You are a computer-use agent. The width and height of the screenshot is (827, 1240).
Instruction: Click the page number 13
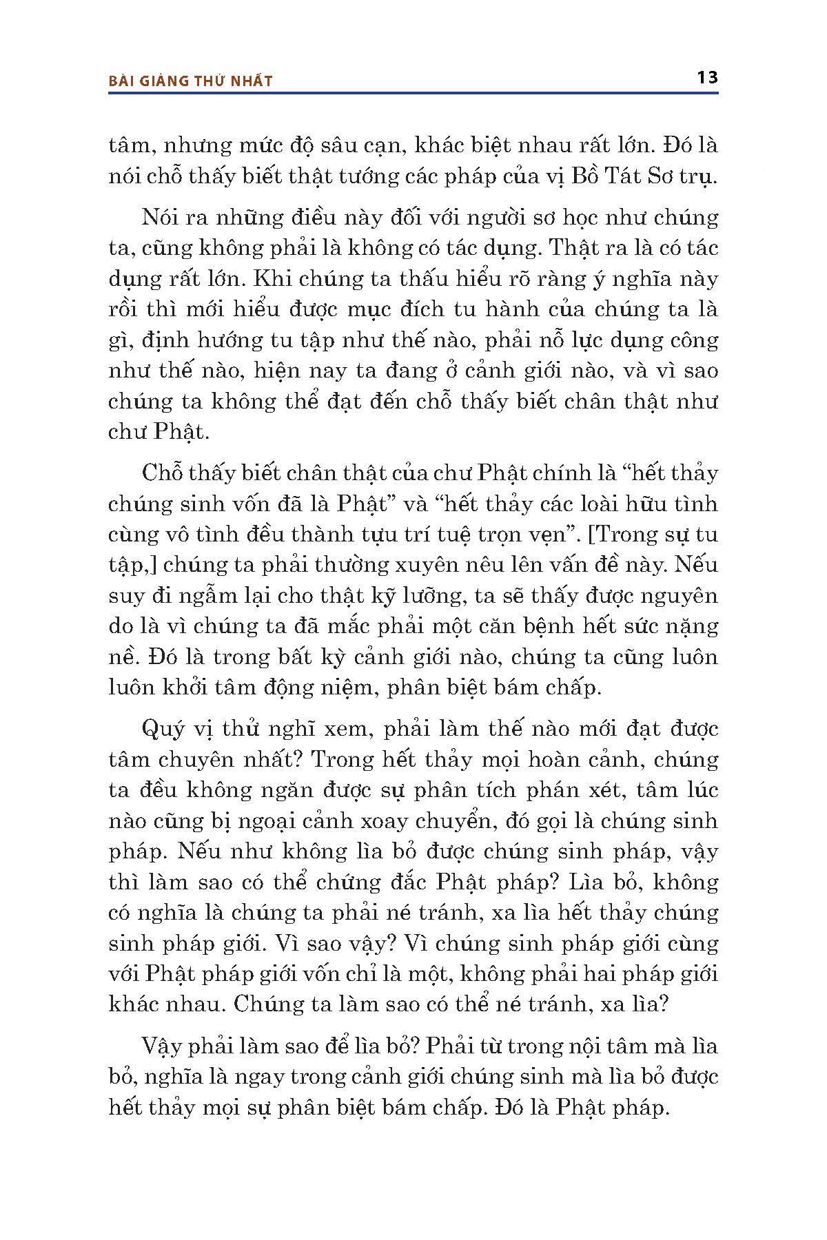click(708, 77)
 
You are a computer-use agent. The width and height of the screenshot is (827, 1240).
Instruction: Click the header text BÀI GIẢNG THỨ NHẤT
click(191, 81)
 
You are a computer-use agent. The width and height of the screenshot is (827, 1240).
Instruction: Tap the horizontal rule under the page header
click(413, 94)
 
